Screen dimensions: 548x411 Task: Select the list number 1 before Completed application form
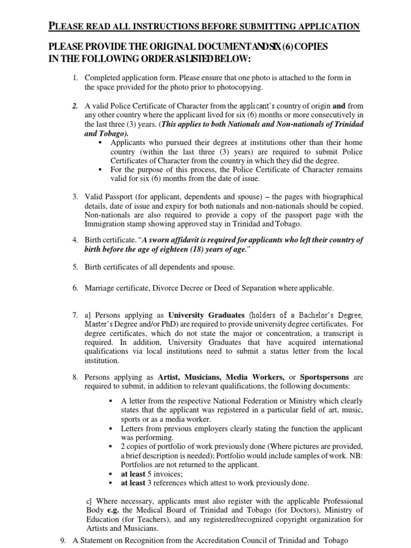[75, 78]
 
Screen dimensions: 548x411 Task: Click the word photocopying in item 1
[230, 86]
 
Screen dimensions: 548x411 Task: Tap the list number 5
[75, 267]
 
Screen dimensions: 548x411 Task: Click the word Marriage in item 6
[101, 288]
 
